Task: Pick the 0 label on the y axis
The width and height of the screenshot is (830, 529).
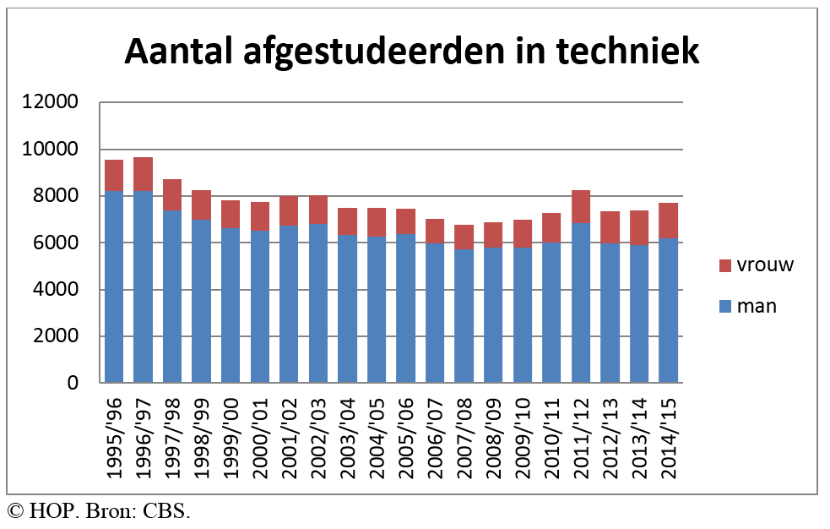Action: tap(73, 384)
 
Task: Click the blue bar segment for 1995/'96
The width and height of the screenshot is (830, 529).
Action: tap(113, 286)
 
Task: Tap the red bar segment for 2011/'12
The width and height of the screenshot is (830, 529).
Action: tap(580, 206)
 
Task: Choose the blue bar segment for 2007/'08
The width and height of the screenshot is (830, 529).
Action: tap(464, 316)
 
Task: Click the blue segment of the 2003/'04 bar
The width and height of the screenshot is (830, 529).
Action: tap(347, 308)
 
